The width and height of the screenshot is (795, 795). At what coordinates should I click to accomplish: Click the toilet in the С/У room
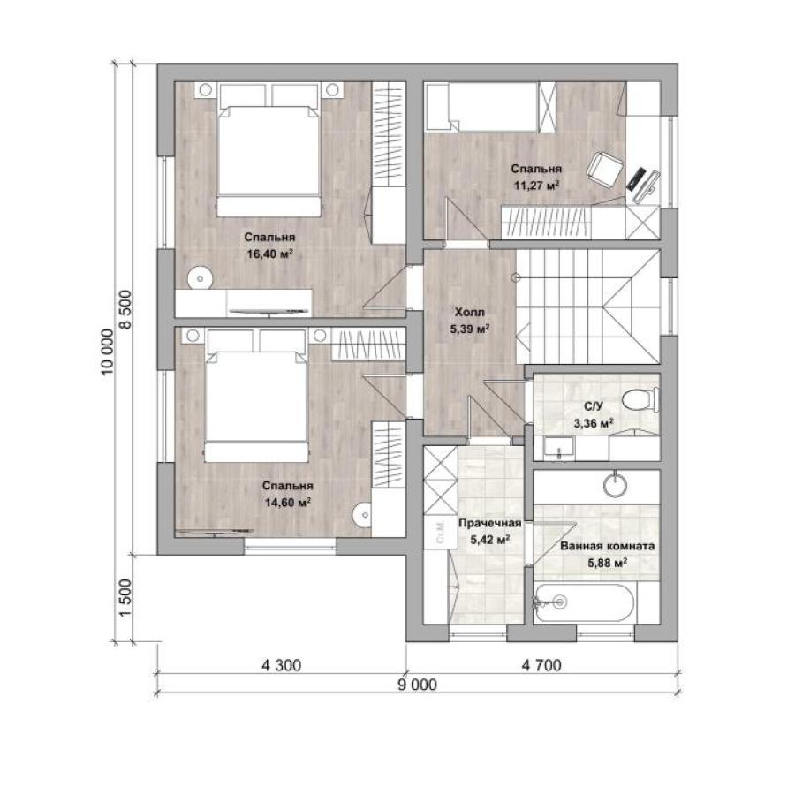[640, 399]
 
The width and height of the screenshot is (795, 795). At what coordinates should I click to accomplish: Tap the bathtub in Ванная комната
[584, 603]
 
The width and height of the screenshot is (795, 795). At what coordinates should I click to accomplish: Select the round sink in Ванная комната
[616, 485]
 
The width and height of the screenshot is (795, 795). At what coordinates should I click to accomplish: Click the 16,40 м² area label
[270, 254]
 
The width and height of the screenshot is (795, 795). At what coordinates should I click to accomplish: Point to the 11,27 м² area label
[536, 185]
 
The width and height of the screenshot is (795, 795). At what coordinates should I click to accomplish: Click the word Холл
[470, 312]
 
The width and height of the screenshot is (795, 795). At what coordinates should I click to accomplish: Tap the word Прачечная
[489, 523]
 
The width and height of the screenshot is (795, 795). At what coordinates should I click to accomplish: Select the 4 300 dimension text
[282, 665]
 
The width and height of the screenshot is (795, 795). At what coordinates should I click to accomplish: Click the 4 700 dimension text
[541, 665]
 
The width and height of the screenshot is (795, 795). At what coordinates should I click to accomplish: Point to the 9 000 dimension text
[417, 685]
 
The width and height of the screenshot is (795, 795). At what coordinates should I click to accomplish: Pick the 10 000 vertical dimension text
[108, 352]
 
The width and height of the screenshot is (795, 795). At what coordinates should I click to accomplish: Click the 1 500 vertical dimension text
[125, 598]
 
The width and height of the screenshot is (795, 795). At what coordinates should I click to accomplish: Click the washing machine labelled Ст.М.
[440, 532]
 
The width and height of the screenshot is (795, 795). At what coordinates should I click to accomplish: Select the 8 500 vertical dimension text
[125, 309]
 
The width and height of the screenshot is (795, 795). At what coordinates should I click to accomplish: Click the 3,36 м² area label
[594, 423]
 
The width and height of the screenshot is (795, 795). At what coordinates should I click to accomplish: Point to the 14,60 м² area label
[287, 503]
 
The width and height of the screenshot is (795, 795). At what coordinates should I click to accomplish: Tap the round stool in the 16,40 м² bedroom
[201, 278]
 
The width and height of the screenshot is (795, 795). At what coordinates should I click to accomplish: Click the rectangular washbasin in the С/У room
[559, 447]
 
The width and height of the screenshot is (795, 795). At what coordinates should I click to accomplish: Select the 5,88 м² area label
[608, 563]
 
